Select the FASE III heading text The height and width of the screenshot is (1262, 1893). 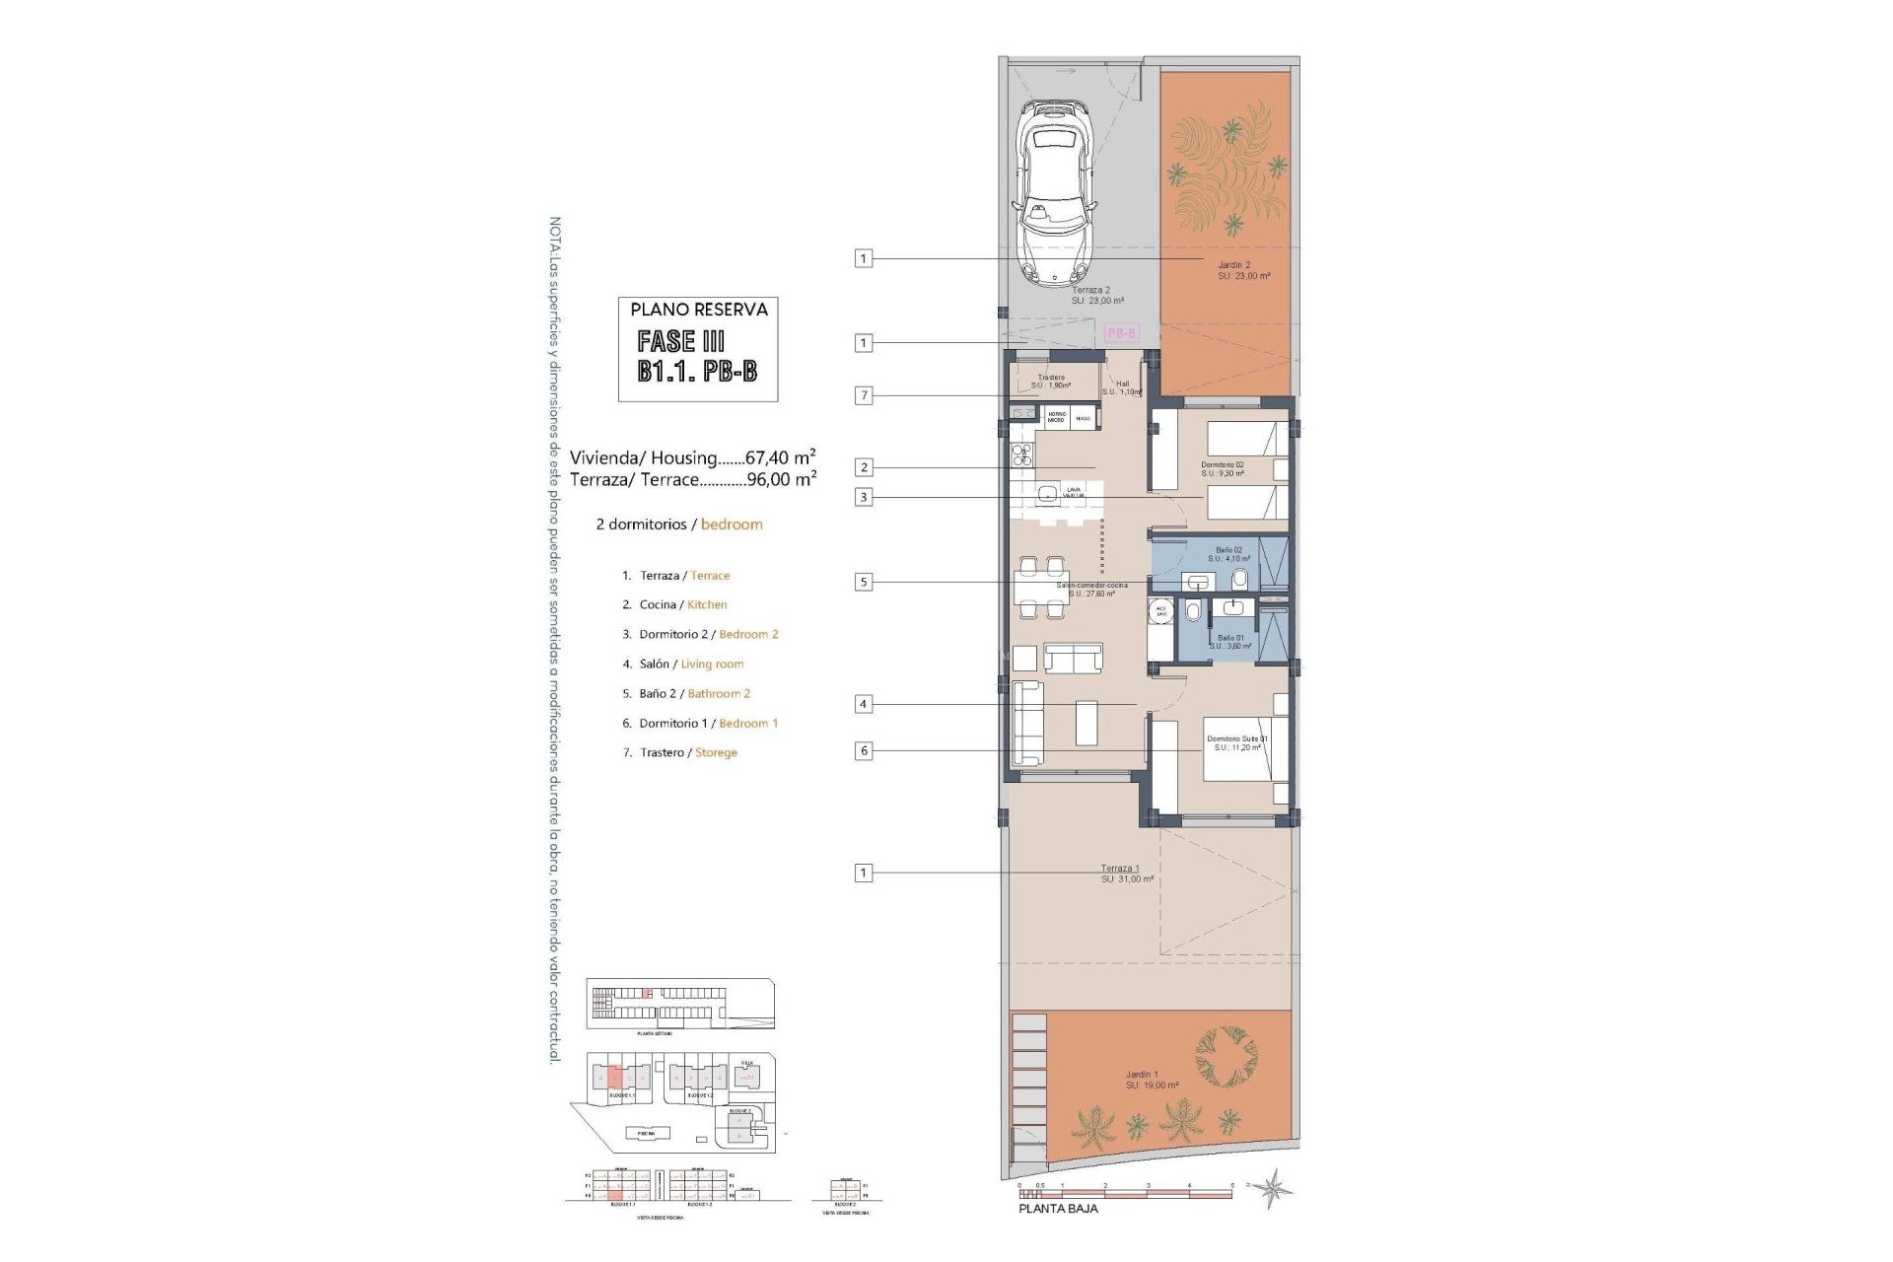[x=681, y=342]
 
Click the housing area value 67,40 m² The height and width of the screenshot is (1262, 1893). [x=780, y=457]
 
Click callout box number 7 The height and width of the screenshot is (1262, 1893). [x=864, y=395]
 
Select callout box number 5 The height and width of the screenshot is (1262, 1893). [x=864, y=582]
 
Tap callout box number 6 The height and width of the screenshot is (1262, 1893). [x=864, y=750]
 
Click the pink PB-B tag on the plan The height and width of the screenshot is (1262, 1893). [x=1121, y=333]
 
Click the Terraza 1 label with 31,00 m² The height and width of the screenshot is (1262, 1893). [x=1127, y=874]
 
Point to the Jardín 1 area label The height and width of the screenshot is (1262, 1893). [x=1152, y=1080]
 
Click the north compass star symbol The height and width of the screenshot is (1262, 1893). [x=1278, y=1188]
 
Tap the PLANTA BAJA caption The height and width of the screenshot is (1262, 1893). [x=1057, y=1209]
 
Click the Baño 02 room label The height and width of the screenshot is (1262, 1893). [x=1228, y=554]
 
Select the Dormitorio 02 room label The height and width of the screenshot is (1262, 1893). [x=1223, y=468]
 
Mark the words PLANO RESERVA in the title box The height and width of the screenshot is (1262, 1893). [x=699, y=310]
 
